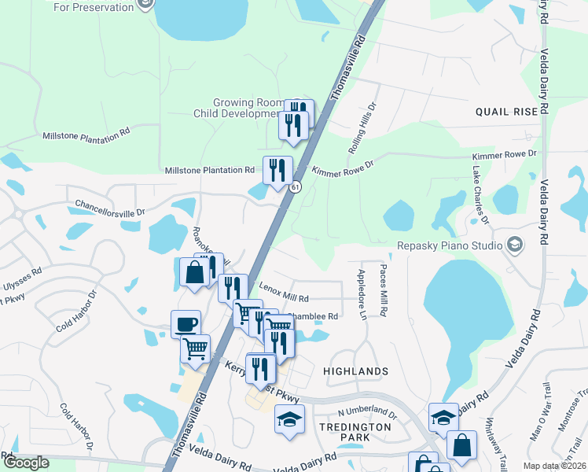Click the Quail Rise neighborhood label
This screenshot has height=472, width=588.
506,112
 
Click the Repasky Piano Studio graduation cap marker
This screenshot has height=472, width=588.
515,245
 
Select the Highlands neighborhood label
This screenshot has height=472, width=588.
355,371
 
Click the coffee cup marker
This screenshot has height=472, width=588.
186,323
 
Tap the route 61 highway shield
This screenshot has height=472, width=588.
294,187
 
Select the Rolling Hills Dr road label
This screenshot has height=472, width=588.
362,128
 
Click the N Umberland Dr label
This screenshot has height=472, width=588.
368,411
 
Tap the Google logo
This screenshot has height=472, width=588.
25,463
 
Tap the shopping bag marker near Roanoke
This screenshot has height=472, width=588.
193,272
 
